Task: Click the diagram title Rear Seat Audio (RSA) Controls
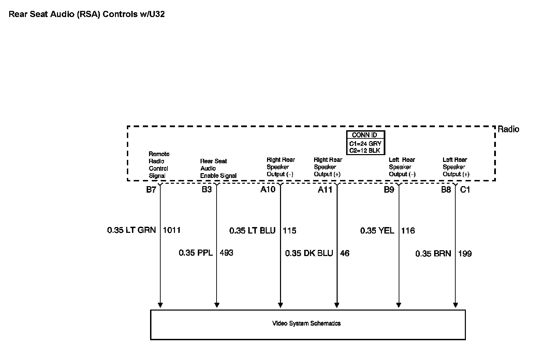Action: pyautogui.click(x=87, y=14)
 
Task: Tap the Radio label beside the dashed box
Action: pyautogui.click(x=508, y=129)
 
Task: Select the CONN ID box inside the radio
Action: pyautogui.click(x=365, y=142)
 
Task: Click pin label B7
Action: pyautogui.click(x=151, y=190)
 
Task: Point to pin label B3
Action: pyautogui.click(x=207, y=190)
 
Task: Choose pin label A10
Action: pyautogui.click(x=268, y=190)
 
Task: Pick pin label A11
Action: pyautogui.click(x=325, y=190)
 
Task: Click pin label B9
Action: pyautogui.click(x=389, y=190)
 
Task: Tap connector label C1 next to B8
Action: pyautogui.click(x=465, y=190)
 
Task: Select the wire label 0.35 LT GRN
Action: pyautogui.click(x=131, y=230)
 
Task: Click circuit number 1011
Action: pyautogui.click(x=172, y=230)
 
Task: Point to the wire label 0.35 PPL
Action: pyautogui.click(x=196, y=253)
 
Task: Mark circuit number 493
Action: pyautogui.click(x=226, y=253)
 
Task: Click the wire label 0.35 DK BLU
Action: pyautogui.click(x=309, y=253)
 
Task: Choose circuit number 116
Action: pyautogui.click(x=408, y=231)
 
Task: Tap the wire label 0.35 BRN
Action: pyautogui.click(x=433, y=254)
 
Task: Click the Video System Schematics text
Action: pyautogui.click(x=306, y=324)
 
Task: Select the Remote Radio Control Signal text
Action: pyautogui.click(x=159, y=165)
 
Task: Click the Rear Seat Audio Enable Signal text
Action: pyautogui.click(x=218, y=168)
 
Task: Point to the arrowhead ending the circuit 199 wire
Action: pyautogui.click(x=455, y=305)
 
